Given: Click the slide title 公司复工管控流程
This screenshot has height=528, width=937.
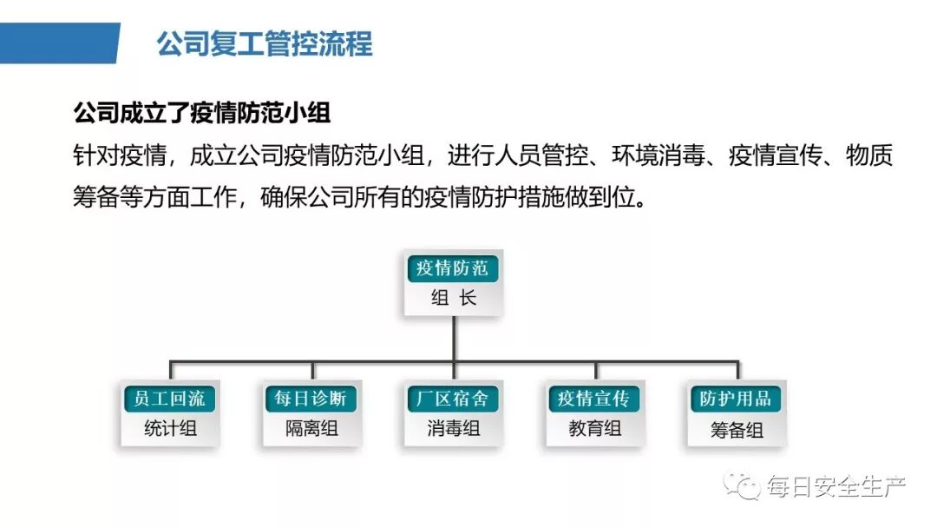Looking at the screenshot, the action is tap(265, 43).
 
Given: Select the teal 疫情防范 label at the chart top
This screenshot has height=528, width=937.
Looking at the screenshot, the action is tap(452, 268).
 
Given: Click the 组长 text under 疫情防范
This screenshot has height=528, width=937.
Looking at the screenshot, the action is tap(453, 298).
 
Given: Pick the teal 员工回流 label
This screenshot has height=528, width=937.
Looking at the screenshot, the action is tap(170, 399).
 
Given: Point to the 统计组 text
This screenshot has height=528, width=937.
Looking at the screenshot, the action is tap(170, 428).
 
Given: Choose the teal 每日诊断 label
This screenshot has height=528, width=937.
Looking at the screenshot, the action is tap(311, 399).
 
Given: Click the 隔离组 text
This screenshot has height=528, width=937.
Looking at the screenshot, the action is tap(311, 428).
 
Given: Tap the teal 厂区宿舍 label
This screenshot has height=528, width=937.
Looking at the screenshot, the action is tap(453, 399).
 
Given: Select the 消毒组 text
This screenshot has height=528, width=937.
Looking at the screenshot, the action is tap(453, 428).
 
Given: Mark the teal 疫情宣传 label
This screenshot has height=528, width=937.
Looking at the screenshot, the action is tap(594, 399).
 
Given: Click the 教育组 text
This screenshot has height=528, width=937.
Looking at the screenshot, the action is tap(594, 428).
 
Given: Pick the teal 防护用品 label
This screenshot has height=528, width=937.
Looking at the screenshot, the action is tap(736, 399).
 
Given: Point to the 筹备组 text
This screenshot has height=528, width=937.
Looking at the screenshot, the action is tap(736, 430).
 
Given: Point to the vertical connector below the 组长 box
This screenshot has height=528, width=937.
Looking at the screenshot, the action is tap(453, 338).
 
